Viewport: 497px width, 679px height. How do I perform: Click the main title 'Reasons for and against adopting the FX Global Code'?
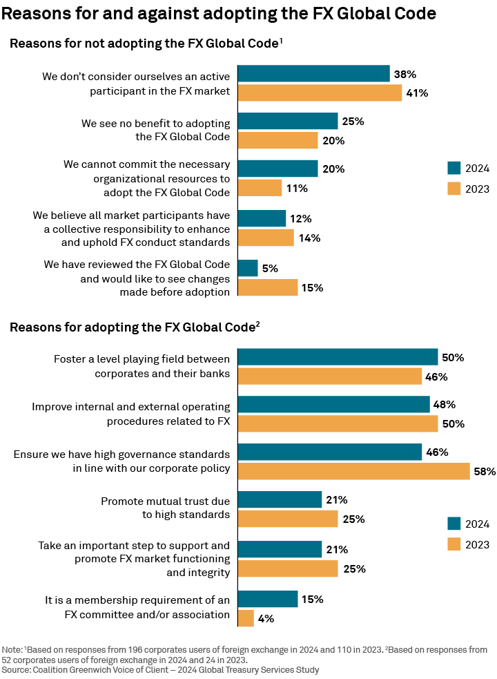click(x=219, y=13)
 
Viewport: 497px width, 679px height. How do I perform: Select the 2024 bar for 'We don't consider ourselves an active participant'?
click(x=313, y=74)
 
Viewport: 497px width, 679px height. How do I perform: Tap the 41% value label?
click(x=417, y=93)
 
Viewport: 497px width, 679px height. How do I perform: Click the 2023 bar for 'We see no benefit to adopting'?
click(x=277, y=140)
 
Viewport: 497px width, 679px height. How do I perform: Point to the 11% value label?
click(x=297, y=188)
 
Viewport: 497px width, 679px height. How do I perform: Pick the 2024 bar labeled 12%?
click(x=262, y=218)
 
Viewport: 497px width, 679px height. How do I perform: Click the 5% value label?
click(x=269, y=268)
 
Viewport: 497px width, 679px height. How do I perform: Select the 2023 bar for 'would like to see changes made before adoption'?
click(x=268, y=287)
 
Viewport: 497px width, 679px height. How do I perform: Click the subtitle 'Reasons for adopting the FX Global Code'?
click(x=133, y=327)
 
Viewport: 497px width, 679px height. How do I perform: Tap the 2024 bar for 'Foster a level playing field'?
click(x=338, y=357)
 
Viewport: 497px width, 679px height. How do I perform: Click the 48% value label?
click(x=445, y=404)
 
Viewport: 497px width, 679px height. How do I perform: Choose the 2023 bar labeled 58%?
click(x=353, y=471)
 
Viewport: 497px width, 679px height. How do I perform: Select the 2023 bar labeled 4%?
click(x=246, y=618)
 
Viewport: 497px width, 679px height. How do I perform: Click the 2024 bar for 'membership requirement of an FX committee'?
click(x=268, y=599)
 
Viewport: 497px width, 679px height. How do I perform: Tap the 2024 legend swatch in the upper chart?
click(x=454, y=169)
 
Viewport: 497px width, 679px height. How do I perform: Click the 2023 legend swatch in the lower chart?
click(x=454, y=544)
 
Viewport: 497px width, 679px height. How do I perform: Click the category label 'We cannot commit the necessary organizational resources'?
click(x=146, y=178)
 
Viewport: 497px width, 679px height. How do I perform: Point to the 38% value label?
click(x=405, y=74)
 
